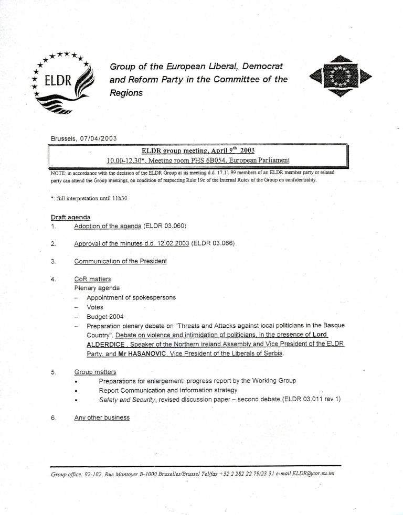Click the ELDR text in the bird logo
[x=57, y=83]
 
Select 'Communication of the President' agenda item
[x=120, y=262]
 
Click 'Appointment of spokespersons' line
[x=131, y=297]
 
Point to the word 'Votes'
[x=95, y=307]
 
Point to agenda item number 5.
[x=54, y=372]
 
